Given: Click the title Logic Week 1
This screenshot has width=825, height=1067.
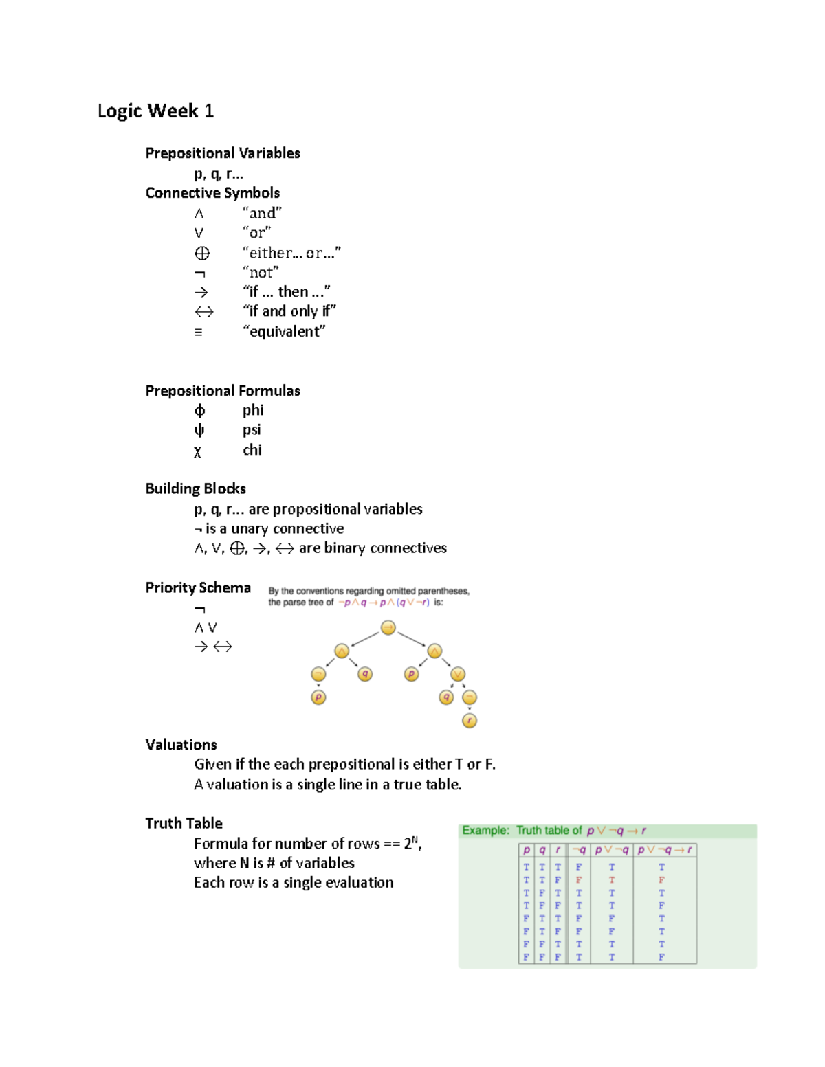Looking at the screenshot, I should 155,111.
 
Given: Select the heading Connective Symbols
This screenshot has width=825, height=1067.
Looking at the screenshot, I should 212,193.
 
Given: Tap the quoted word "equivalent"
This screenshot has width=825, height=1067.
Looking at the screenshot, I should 284,332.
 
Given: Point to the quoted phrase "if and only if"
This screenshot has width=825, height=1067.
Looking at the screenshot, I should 289,311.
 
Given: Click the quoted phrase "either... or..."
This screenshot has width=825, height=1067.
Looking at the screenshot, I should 291,253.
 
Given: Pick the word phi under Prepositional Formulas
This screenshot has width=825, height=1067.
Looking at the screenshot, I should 253,410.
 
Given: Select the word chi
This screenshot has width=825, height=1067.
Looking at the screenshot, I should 252,450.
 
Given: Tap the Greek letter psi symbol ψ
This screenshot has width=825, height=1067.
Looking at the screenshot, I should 199,430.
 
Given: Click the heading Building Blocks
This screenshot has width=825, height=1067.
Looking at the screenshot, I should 195,488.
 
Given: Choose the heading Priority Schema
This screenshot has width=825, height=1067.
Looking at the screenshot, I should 198,587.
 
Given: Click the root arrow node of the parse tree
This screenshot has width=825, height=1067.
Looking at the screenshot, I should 388,627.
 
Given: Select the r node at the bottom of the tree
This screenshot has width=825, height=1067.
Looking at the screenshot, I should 470,720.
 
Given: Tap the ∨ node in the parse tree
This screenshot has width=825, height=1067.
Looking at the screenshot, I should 458,674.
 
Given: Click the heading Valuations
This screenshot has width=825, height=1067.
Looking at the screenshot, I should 181,745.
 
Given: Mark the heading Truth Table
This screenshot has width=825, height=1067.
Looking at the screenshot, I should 184,823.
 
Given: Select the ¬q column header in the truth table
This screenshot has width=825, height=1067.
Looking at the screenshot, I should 579,850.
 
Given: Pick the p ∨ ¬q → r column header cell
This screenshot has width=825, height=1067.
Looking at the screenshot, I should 665,850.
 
